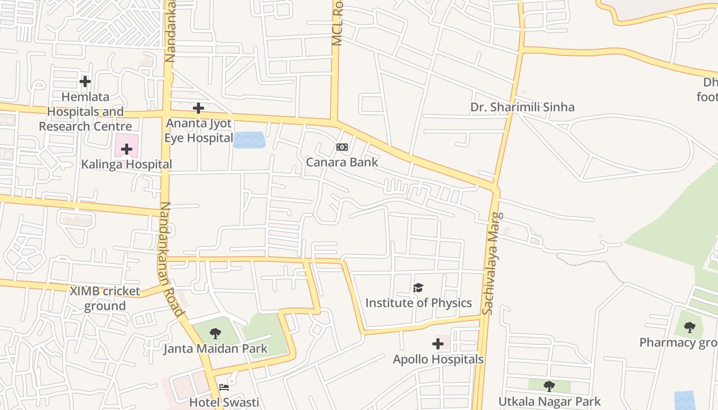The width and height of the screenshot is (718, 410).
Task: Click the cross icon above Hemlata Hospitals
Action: coord(85,81)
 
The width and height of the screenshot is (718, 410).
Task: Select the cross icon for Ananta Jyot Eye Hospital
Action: coord(198,108)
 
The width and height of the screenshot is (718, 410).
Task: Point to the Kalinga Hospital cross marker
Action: coord(127,149)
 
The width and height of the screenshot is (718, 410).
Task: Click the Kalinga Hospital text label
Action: coord(126,165)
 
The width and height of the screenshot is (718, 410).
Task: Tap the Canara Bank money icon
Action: coord(342,147)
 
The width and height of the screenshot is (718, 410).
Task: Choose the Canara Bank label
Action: coord(342,162)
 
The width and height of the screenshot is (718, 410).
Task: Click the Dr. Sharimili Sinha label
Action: coord(522,107)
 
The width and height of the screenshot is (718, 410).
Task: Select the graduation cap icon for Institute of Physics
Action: coord(418,288)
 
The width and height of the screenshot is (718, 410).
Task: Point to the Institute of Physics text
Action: coord(418,303)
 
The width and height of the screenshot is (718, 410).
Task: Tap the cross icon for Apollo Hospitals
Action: coord(438,344)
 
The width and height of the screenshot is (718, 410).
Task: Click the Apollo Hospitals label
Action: coord(438,359)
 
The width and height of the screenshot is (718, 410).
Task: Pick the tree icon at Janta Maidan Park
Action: coord(215,334)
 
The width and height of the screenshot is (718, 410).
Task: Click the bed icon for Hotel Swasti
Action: coord(224,387)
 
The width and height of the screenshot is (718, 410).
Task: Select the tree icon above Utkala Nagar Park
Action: coord(549,386)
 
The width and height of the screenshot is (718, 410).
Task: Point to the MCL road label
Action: coord(337,23)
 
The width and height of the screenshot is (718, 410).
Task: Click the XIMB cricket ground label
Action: coord(105,298)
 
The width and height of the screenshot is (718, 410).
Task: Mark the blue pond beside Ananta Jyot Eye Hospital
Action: coord(250,140)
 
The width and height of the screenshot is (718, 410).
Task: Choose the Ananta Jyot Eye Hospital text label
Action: coord(198,131)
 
